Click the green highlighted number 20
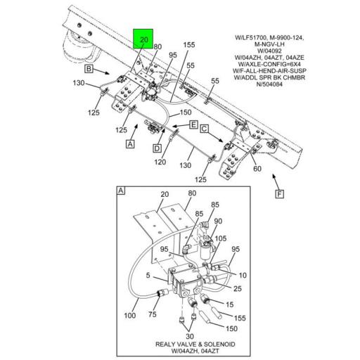[x=143, y=40]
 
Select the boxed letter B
[x=89, y=70]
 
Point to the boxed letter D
[x=157, y=148]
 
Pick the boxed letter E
[x=193, y=124]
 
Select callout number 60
[x=257, y=169]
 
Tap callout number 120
[x=160, y=162]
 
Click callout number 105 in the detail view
[x=219, y=238]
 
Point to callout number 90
[x=219, y=221]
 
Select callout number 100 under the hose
[x=130, y=316]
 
